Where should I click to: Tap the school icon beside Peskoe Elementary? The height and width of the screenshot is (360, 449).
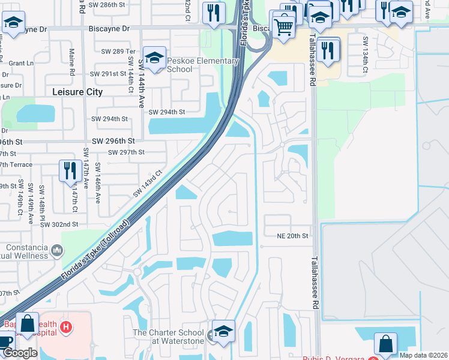tap(155, 58)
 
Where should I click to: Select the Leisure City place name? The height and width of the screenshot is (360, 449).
tap(77, 92)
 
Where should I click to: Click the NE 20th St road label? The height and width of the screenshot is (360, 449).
tap(292, 236)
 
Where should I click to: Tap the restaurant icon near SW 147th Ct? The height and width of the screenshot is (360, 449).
tap(71, 170)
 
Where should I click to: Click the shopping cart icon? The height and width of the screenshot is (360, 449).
tap(283, 25)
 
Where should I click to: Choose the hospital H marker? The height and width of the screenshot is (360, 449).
tap(67, 328)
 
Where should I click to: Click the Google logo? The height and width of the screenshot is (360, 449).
tap(20, 353)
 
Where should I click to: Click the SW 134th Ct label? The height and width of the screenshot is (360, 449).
tap(364, 56)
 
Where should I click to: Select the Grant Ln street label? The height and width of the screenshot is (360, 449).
tap(21, 63)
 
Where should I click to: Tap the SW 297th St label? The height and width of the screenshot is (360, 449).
tap(127, 152)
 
